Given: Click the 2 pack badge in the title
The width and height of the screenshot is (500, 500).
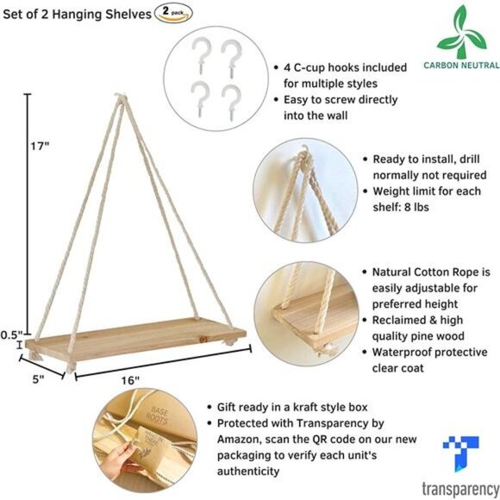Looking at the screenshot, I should (x=172, y=13).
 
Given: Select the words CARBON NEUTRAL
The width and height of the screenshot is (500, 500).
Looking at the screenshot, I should (x=461, y=65).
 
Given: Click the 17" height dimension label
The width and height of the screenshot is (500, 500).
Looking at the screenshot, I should (x=39, y=146).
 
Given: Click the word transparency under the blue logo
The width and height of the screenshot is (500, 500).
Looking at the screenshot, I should (x=459, y=488).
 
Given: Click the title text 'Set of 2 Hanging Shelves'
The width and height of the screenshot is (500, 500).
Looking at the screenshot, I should (x=76, y=13).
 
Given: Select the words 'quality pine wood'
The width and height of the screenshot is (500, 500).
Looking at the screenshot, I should (x=421, y=335).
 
